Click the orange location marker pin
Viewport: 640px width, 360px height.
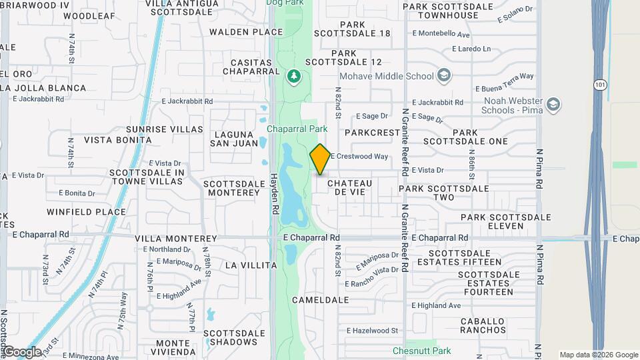tap(320, 159)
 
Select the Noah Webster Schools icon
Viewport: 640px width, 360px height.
tap(553, 105)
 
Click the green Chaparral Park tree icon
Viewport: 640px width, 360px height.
tap(293, 77)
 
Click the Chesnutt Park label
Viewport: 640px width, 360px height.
tap(421, 351)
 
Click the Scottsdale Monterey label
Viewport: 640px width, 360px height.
tap(231, 188)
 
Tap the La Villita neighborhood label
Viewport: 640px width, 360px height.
tap(251, 265)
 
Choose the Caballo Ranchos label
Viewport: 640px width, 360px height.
tap(483, 325)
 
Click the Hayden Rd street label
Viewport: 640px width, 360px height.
tap(274, 194)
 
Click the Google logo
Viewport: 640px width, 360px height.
tap(22, 351)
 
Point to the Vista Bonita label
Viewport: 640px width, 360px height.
tap(118, 140)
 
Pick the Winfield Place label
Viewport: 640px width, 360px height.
tap(86, 212)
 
